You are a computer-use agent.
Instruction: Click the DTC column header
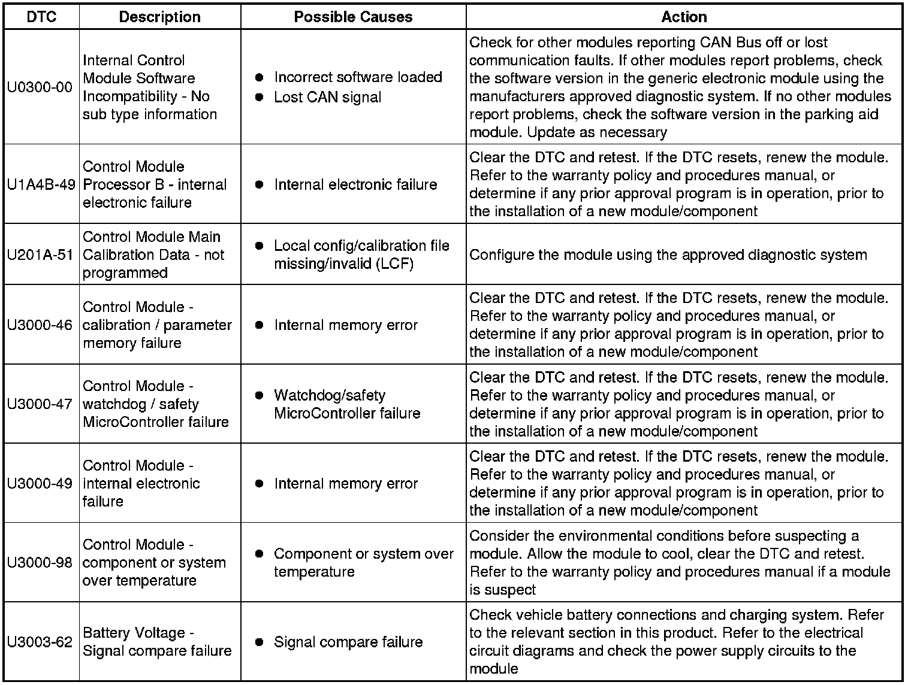tap(41, 17)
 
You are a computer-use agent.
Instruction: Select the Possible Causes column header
tap(353, 17)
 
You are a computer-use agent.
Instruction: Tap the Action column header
tap(684, 17)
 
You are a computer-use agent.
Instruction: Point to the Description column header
tap(159, 17)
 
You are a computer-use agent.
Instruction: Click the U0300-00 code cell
tap(40, 87)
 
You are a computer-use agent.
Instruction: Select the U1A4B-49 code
tap(41, 184)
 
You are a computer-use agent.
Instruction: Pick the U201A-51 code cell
tap(40, 255)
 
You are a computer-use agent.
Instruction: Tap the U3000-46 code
tap(40, 325)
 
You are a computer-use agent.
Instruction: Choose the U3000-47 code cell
tap(40, 404)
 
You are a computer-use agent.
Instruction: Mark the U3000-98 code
tap(40, 563)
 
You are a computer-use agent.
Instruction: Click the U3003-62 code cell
tap(40, 642)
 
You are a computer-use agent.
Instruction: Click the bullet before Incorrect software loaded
tap(259, 77)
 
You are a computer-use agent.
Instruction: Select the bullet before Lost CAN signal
tap(259, 98)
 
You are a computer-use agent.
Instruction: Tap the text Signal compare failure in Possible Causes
tap(348, 642)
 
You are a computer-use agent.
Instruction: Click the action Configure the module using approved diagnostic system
tap(668, 255)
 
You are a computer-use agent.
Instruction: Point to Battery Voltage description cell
tap(157, 642)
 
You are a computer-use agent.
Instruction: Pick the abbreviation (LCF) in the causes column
tap(396, 264)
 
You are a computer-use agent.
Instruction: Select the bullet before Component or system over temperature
tap(259, 554)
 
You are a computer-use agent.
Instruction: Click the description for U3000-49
tap(141, 483)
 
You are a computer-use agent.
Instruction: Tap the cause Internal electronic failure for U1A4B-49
tap(355, 184)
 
